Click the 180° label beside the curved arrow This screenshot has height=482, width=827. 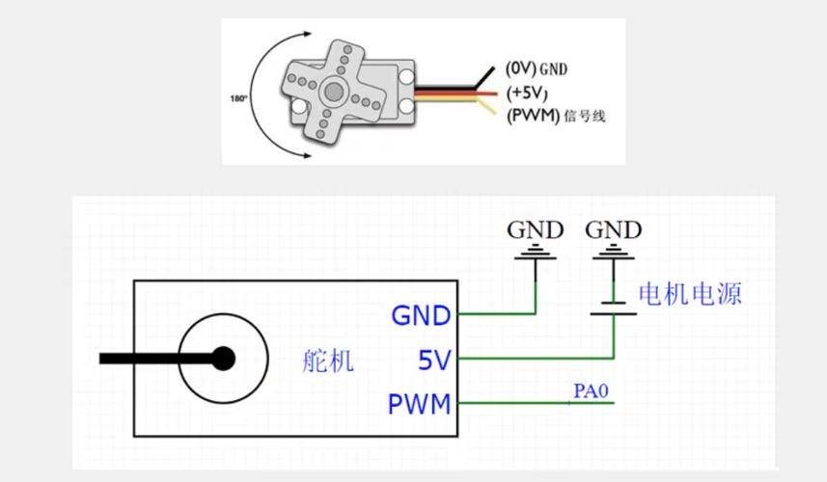point(238,98)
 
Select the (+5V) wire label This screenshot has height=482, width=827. point(527,93)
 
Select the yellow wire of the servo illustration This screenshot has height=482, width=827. point(463,105)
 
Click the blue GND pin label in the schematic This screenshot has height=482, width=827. point(421,315)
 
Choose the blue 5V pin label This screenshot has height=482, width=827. point(434,360)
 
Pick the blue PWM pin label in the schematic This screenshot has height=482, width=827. point(420,403)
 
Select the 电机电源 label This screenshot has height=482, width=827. point(691,294)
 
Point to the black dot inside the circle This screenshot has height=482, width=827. point(223,359)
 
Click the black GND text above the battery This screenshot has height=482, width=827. point(614,230)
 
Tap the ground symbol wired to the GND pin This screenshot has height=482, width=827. point(536,254)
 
